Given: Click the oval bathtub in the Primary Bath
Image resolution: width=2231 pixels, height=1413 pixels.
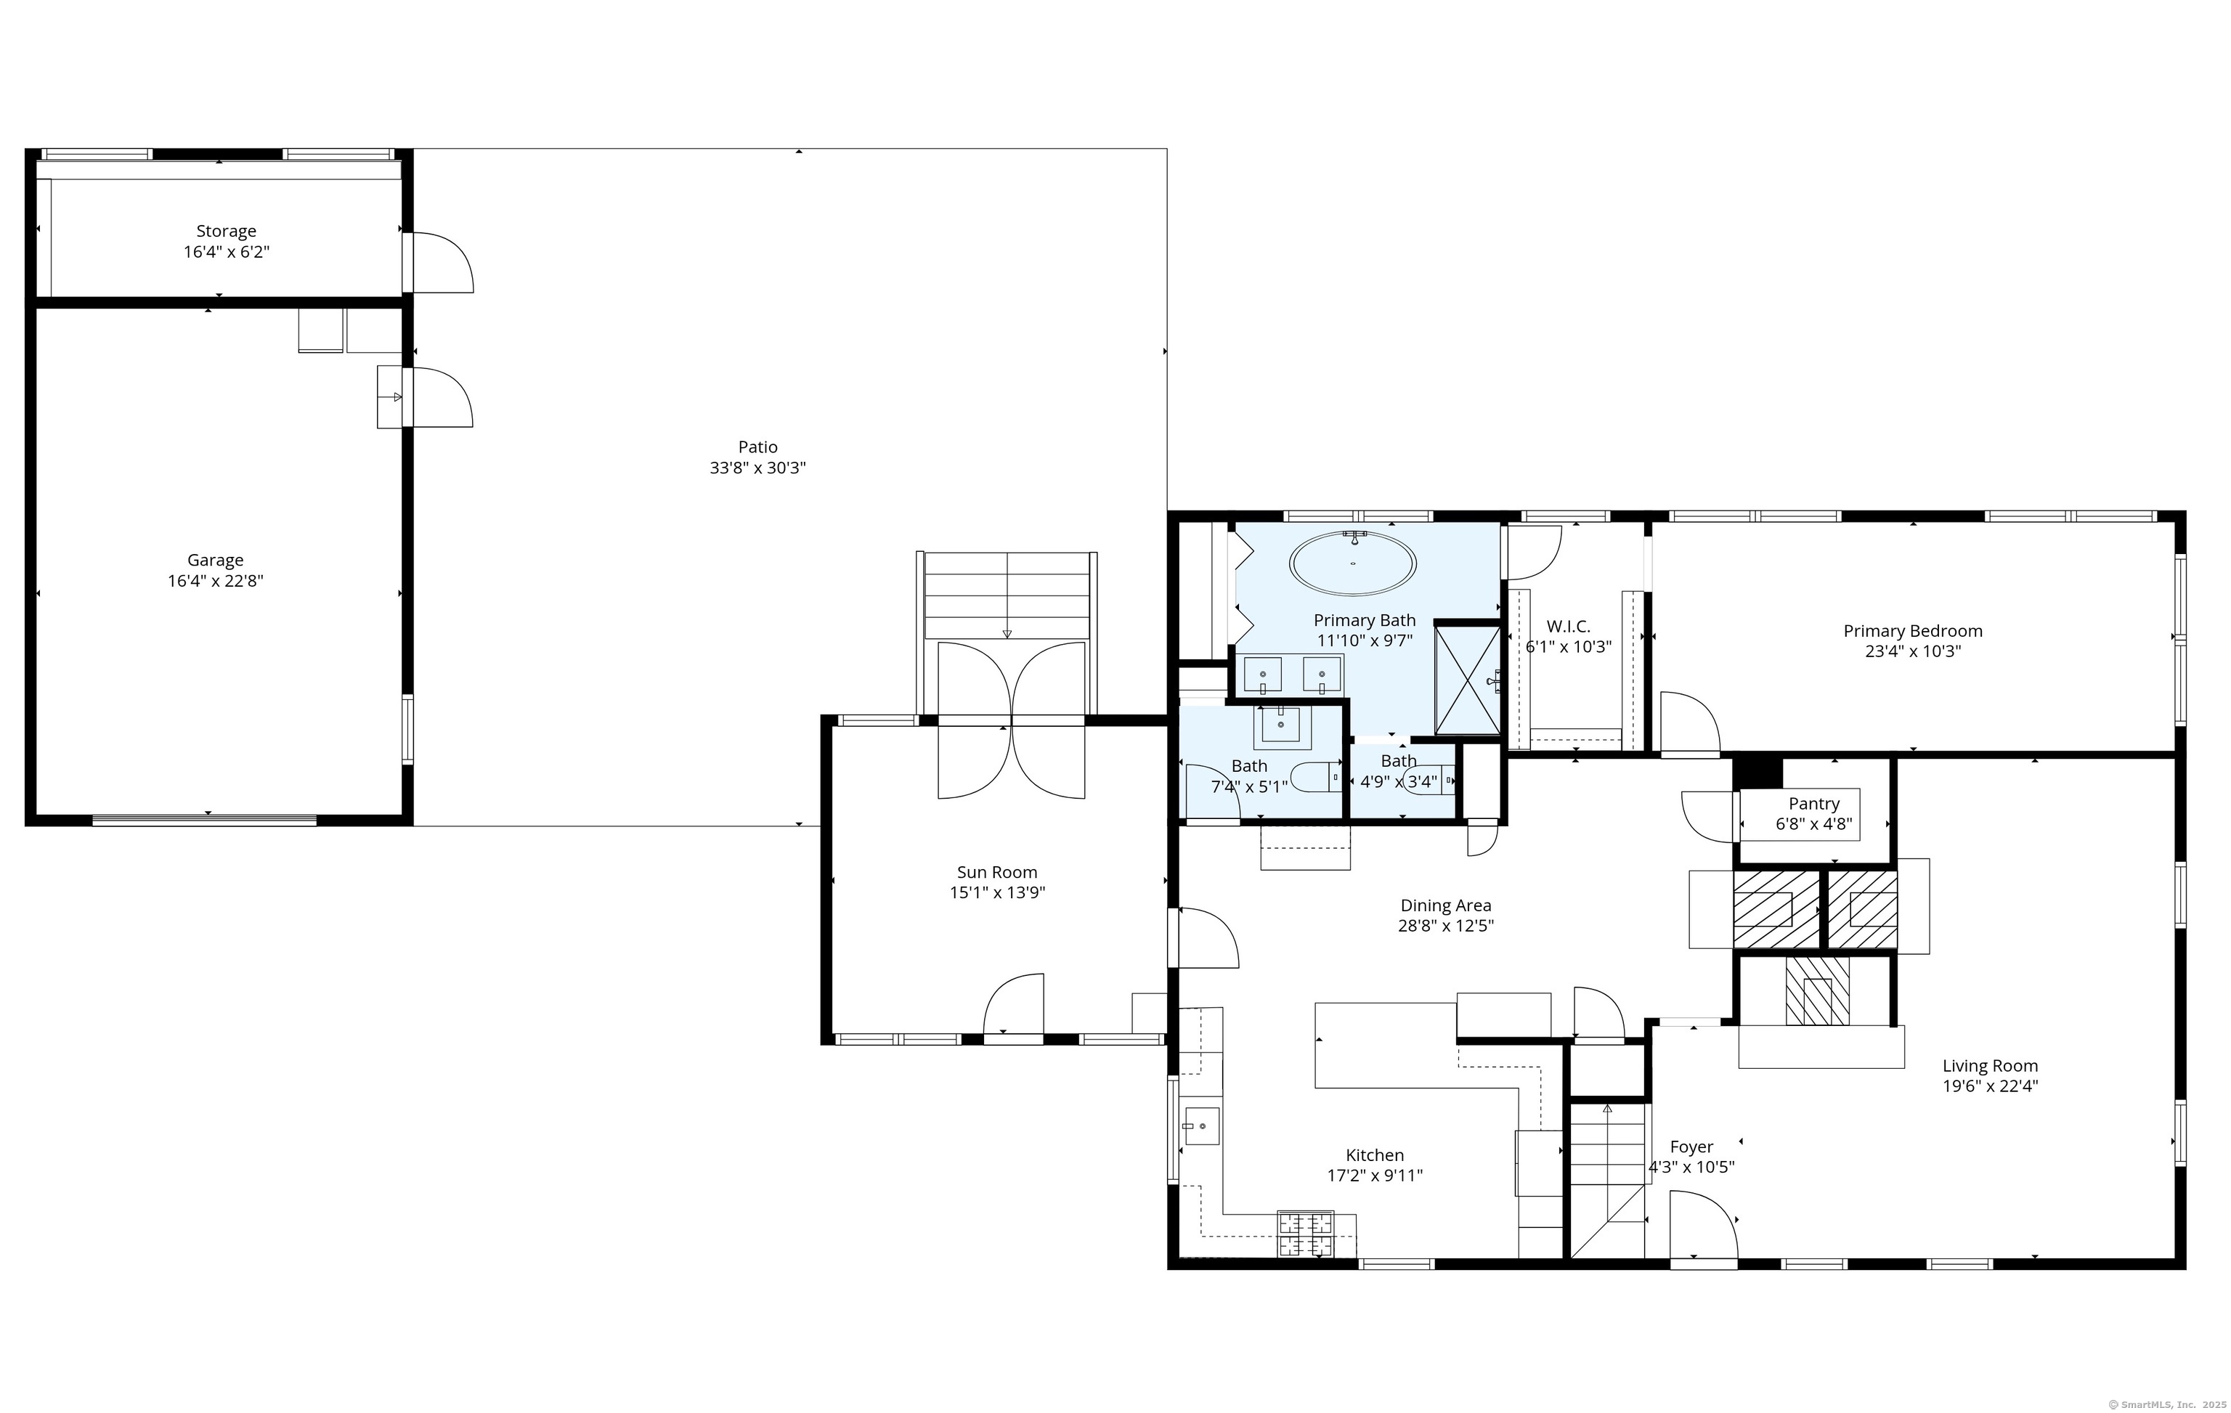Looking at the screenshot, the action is [x=1354, y=563].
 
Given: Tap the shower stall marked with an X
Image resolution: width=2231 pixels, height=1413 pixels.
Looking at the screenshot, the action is [x=1468, y=681].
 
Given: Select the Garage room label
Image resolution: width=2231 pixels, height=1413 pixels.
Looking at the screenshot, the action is [x=216, y=560].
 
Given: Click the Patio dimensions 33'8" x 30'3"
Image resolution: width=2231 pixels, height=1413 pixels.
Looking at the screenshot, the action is [x=758, y=468].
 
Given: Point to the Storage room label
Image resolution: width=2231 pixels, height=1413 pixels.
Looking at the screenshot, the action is [x=226, y=231].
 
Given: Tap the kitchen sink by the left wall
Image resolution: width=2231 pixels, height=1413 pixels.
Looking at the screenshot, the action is [x=1200, y=1125].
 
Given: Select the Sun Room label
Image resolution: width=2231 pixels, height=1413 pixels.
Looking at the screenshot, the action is [x=997, y=872].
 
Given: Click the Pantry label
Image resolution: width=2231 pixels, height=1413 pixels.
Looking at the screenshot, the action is [x=1814, y=803].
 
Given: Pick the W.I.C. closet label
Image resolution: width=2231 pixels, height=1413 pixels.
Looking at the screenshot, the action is [x=1569, y=627].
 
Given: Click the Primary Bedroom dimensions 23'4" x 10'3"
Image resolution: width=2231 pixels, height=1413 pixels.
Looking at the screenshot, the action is [x=1913, y=651].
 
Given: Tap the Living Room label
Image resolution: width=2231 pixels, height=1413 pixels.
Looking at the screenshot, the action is [x=1990, y=1065].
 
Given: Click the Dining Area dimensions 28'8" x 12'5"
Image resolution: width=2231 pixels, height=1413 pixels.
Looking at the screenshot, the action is [x=1446, y=926].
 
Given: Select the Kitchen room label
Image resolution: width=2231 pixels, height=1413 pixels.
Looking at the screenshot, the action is [x=1375, y=1155].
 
